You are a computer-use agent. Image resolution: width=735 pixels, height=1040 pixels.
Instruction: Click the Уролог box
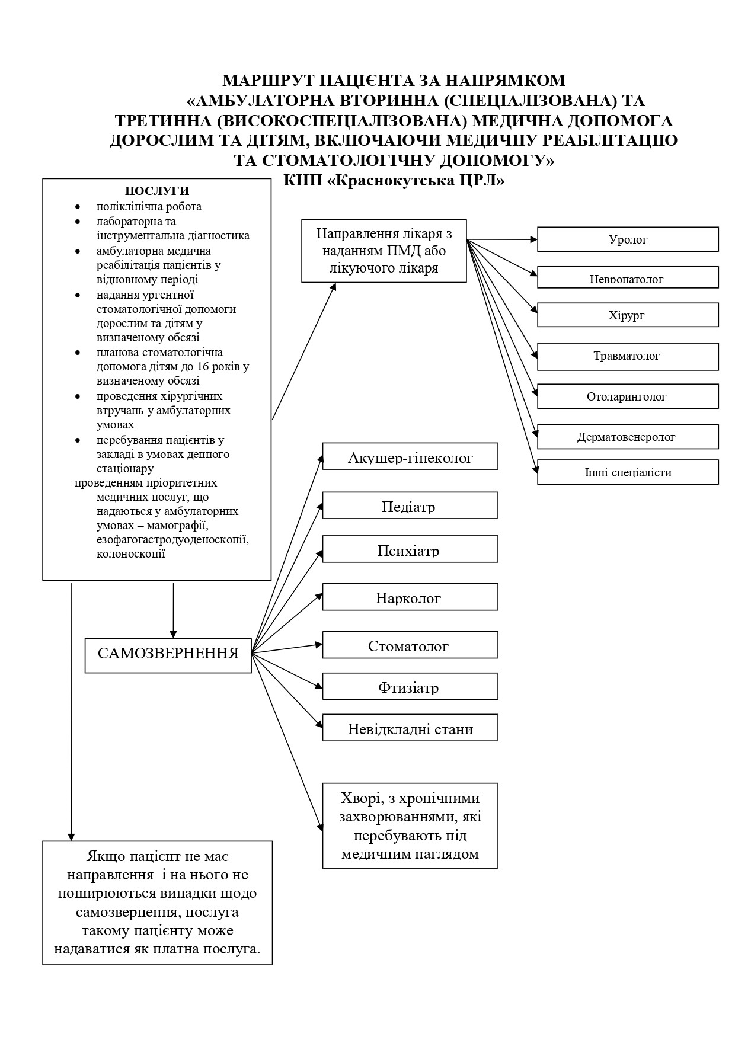(x=628, y=239)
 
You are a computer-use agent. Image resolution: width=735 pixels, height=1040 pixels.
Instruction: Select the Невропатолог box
(x=628, y=277)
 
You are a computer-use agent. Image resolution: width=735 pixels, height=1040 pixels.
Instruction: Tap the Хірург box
(x=628, y=315)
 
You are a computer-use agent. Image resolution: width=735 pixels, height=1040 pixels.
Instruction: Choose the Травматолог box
(x=628, y=356)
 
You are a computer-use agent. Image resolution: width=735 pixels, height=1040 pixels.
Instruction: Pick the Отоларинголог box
(x=628, y=396)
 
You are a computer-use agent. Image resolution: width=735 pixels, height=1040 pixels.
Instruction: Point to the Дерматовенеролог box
(x=628, y=437)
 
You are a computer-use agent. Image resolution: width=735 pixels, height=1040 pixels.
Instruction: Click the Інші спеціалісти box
(x=628, y=472)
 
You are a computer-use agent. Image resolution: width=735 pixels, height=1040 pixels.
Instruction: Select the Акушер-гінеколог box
(x=410, y=456)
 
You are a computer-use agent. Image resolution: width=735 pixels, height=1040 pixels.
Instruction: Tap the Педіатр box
(x=410, y=505)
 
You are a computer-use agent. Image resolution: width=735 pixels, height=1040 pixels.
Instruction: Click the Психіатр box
(x=410, y=549)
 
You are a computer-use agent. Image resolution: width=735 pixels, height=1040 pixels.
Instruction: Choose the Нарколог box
(x=410, y=597)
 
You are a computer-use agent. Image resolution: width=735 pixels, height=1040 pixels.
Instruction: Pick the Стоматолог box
(x=410, y=645)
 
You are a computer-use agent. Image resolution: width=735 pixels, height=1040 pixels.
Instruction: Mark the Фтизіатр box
(x=410, y=686)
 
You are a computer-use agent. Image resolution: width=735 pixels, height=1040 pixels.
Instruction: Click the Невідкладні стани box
(x=410, y=728)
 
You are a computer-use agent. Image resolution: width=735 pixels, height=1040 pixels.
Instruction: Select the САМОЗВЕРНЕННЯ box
(x=168, y=655)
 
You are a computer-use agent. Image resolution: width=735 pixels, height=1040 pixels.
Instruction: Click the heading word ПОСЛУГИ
(x=157, y=191)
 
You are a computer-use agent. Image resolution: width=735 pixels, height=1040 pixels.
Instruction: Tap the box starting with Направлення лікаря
(x=384, y=251)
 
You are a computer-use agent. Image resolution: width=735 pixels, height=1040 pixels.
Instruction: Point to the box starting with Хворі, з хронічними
(x=410, y=826)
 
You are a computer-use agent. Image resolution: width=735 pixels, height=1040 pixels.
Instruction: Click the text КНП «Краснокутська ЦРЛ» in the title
(x=394, y=180)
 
